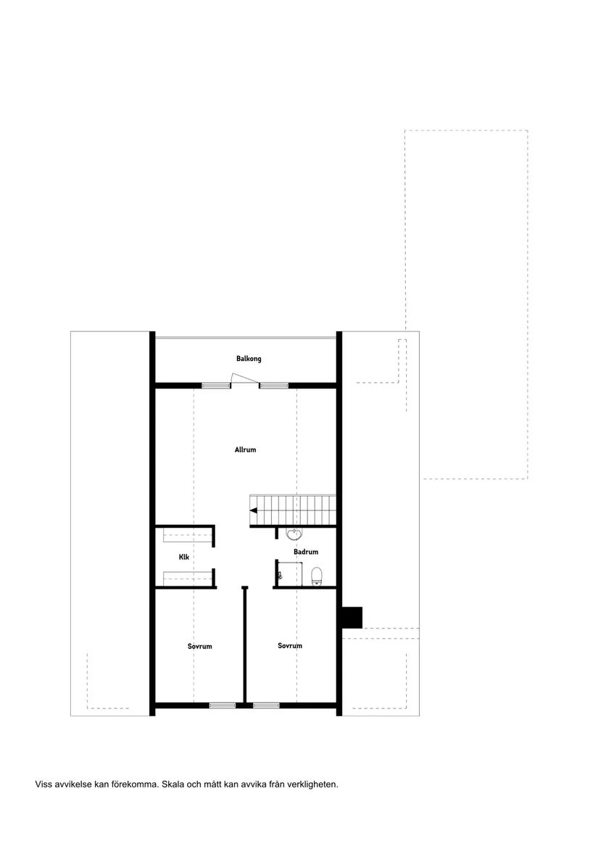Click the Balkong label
click(249, 359)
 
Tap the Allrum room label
click(245, 449)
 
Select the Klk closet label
click(184, 557)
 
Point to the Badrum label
click(306, 552)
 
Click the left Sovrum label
click(199, 647)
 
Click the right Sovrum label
click(290, 646)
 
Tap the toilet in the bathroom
click(317, 576)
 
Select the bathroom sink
click(294, 534)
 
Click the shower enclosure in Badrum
click(288, 573)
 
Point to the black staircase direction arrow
click(253, 510)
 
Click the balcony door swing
click(244, 378)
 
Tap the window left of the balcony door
click(216, 385)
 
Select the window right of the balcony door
click(274, 385)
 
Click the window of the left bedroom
click(223, 705)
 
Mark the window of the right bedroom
click(266, 705)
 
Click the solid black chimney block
click(352, 618)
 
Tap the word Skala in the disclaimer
click(173, 784)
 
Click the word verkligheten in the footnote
click(312, 784)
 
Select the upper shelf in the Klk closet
click(187, 535)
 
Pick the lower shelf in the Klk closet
click(187, 578)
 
